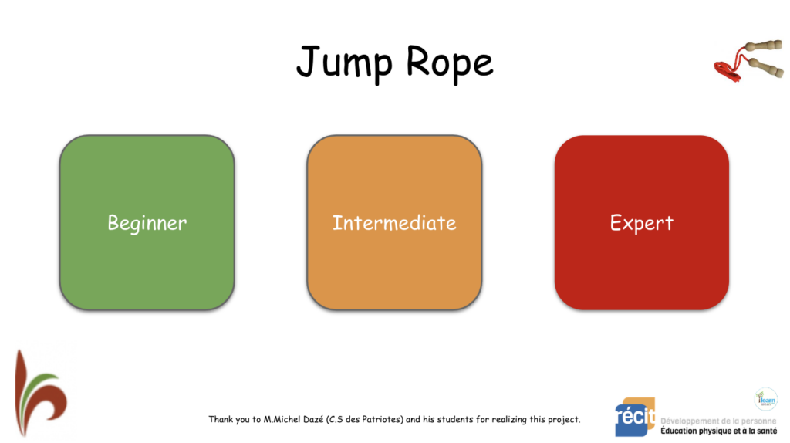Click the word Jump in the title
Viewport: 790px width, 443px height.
click(x=339, y=63)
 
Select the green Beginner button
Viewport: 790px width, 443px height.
click(x=147, y=223)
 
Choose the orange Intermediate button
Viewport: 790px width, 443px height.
click(x=394, y=223)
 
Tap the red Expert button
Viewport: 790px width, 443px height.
click(x=641, y=223)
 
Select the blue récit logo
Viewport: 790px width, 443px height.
click(x=634, y=418)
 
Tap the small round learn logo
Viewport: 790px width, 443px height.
click(x=765, y=398)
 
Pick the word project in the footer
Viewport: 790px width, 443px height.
click(x=563, y=420)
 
